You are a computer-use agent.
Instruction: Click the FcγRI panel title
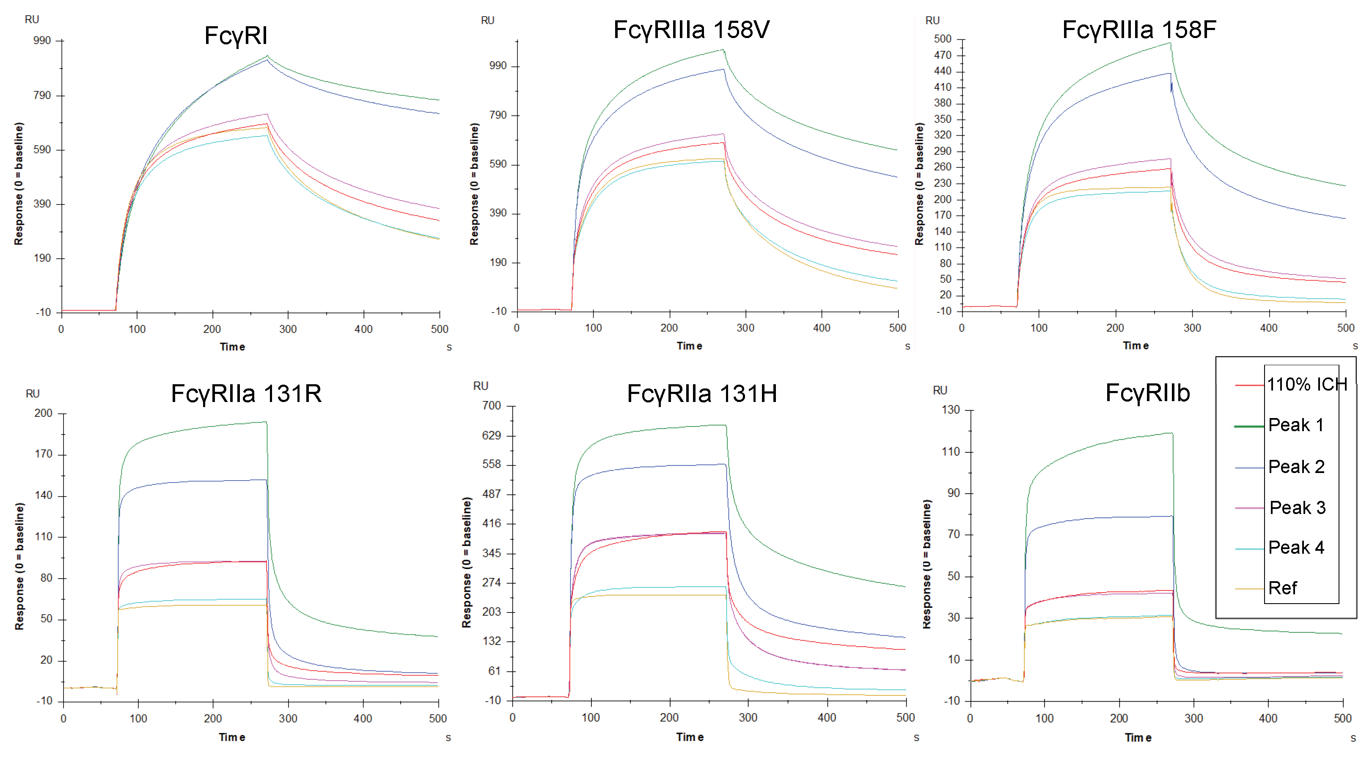(236, 36)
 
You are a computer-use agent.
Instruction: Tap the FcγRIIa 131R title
(246, 394)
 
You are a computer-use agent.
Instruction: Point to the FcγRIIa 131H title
(701, 394)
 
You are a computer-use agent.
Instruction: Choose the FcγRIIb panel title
(1147, 393)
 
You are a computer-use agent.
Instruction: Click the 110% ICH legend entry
(1306, 384)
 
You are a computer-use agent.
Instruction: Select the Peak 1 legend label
(1295, 425)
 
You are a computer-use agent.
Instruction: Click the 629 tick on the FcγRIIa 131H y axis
(492, 435)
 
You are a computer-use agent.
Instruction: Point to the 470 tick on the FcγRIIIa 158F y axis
(942, 55)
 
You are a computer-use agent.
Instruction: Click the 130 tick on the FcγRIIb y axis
(951, 410)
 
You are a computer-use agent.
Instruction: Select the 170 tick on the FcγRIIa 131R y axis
(44, 454)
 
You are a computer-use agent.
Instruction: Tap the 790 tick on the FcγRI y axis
(42, 95)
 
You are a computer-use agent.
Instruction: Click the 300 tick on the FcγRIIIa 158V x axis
(745, 328)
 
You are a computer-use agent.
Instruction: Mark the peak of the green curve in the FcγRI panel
(267, 56)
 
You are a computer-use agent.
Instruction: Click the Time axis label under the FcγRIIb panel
(1138, 738)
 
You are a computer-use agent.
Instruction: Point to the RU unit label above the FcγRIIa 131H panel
(481, 386)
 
